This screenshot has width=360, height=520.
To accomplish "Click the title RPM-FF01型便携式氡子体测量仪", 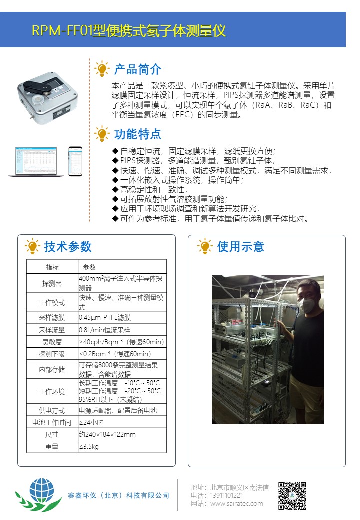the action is (129, 31).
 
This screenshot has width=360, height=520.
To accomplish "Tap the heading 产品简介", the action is (138, 69).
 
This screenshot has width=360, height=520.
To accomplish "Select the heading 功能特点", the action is (138, 134).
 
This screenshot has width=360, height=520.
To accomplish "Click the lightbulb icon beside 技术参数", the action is (32, 246).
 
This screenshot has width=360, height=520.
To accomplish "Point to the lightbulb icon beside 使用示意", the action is (205, 246).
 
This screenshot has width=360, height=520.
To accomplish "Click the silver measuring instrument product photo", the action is (47, 98).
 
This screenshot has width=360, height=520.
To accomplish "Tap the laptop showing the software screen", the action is (36, 161).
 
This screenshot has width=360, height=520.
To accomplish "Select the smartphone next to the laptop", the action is (75, 161).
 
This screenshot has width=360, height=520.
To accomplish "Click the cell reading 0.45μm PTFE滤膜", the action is (105, 317).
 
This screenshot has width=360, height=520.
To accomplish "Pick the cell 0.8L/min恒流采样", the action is (105, 330).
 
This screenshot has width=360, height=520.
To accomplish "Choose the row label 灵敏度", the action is (52, 342).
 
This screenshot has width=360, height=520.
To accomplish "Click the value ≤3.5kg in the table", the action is (89, 446).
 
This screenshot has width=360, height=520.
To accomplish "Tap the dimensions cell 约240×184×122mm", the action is (107, 434).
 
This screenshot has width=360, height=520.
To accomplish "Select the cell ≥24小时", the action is (91, 422).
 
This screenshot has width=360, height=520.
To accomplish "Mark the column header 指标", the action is (52, 267).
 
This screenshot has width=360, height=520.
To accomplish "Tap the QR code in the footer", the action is (292, 496).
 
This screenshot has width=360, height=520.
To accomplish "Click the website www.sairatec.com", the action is (237, 504).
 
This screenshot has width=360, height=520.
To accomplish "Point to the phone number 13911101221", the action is (226, 495).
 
